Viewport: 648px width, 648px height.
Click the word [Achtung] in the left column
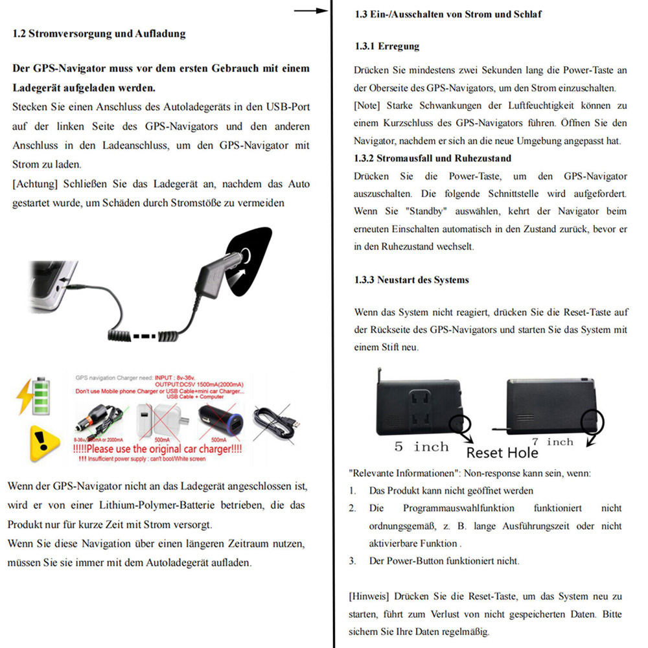coord(33,184)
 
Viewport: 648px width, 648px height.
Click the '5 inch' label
coord(422,447)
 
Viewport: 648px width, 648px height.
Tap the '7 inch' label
coord(550,442)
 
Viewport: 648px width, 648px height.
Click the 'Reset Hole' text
coord(502,452)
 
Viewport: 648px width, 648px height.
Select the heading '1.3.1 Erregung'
coord(387,47)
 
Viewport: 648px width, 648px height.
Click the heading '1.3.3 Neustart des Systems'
coord(411,280)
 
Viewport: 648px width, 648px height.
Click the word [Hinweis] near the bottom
coord(369,596)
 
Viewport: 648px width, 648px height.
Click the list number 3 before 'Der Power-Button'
coord(353,561)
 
